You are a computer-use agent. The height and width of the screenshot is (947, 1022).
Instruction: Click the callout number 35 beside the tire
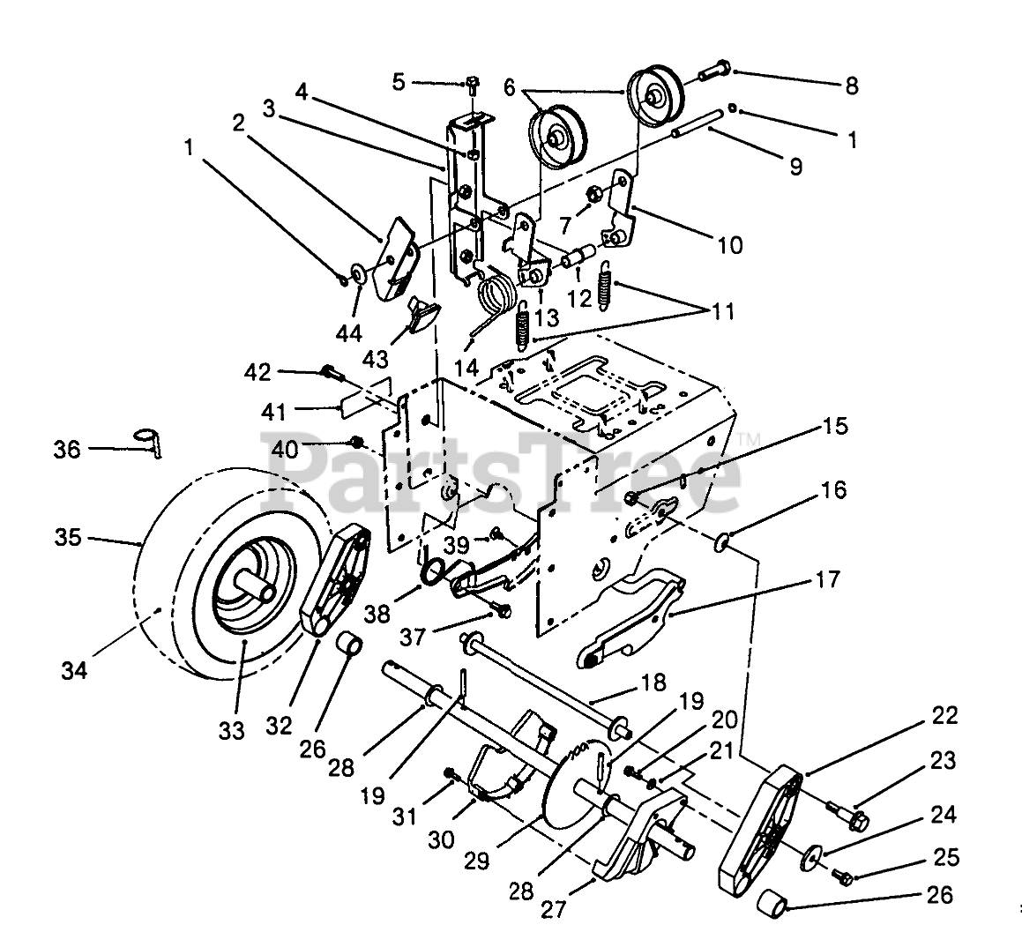[x=68, y=538]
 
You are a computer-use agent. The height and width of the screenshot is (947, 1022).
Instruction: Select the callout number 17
[x=827, y=579]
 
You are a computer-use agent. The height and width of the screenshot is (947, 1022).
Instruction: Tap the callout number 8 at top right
[x=851, y=86]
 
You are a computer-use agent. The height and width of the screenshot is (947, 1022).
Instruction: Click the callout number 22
[x=944, y=716]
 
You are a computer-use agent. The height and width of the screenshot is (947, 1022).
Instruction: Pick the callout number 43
[x=376, y=358]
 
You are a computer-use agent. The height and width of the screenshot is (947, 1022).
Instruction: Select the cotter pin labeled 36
[x=151, y=441]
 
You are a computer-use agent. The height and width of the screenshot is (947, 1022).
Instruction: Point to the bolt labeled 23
[x=847, y=814]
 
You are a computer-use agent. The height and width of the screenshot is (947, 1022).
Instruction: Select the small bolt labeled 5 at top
[x=473, y=82]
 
